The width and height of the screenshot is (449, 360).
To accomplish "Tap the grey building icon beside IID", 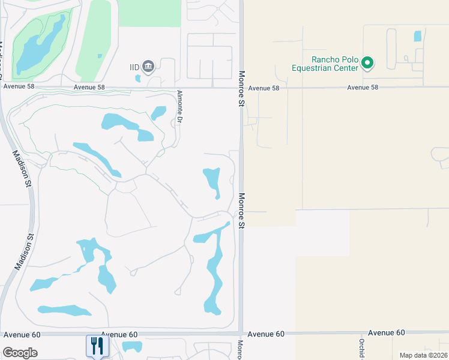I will (x=149, y=66).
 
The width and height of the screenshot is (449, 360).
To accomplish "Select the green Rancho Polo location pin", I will (x=369, y=63).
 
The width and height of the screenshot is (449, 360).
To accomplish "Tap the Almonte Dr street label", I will (x=179, y=107).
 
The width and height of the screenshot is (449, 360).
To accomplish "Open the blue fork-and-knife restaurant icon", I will (x=96, y=346).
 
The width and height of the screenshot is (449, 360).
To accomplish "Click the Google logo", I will (x=20, y=352).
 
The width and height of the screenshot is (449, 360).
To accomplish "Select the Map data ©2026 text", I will (x=422, y=355).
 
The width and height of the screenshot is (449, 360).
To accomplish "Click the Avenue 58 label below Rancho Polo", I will (x=363, y=88).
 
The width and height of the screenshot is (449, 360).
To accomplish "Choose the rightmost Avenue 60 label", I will (x=386, y=332).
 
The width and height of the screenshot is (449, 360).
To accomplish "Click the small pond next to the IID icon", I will (x=139, y=77).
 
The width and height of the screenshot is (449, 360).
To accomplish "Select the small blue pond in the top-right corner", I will (x=418, y=36).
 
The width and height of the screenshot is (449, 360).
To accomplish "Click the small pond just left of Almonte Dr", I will (x=158, y=112).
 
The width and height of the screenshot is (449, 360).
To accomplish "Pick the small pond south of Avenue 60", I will (x=131, y=347).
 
